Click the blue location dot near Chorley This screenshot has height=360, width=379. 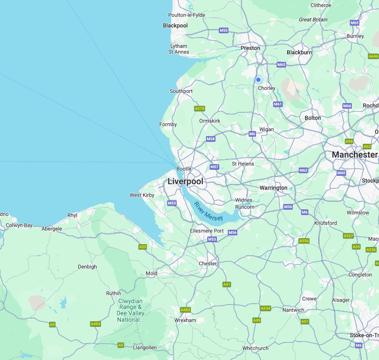click(258, 80)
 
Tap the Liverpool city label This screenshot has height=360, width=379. click(185, 181)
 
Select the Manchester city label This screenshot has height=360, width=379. click(354, 155)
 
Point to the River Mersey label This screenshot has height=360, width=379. click(208, 211)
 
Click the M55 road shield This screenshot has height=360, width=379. click(224, 30)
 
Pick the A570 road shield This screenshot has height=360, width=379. click(199, 109)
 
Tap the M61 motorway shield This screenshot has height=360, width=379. click(278, 104)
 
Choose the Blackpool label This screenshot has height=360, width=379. click(175, 26)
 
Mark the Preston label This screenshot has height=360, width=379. click(250, 48)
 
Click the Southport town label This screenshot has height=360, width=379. click(181, 91)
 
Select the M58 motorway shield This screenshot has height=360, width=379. click(211, 139)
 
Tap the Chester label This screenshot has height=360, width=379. click(208, 263)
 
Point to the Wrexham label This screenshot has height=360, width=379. click(185, 320)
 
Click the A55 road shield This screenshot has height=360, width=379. click(143, 247)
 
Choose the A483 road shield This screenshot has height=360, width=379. click(185, 310)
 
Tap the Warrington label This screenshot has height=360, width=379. click(274, 188)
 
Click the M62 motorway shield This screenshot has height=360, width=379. click(304, 171)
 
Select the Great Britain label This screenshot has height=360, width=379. click(313, 20)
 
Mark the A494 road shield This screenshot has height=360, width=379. click(95, 324)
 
